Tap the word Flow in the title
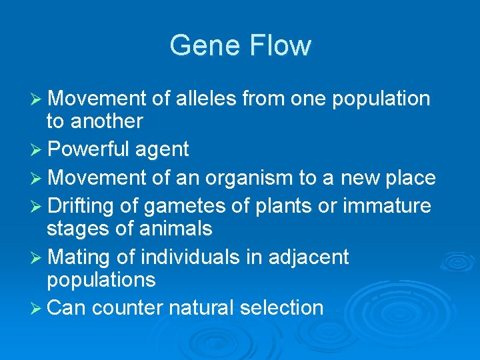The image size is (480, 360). point(280,45)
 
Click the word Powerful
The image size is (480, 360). point(90,149)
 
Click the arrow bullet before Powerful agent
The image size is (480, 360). point(37,150)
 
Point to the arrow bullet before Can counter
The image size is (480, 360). point(37,308)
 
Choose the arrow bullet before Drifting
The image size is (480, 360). point(37,207)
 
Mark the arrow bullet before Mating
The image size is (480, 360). point(37,257)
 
